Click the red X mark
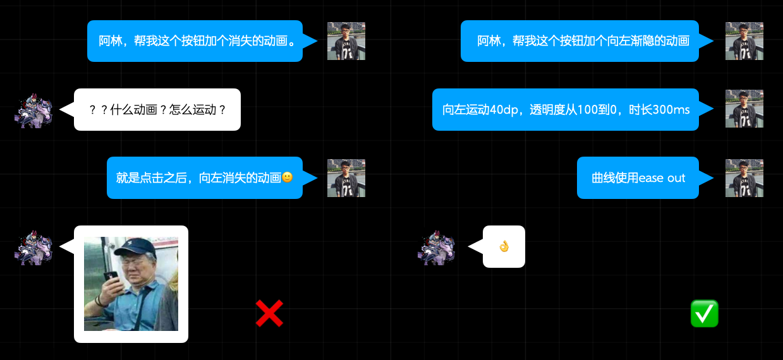269,313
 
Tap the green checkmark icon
704,314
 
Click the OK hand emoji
504,246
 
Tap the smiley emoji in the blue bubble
287,177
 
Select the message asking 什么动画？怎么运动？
157,109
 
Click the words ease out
662,178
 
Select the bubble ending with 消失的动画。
195,41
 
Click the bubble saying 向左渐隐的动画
580,41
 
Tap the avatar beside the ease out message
744,178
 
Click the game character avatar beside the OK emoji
437,247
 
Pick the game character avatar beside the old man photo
33,247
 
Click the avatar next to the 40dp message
744,109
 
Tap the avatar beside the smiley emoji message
346,178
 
